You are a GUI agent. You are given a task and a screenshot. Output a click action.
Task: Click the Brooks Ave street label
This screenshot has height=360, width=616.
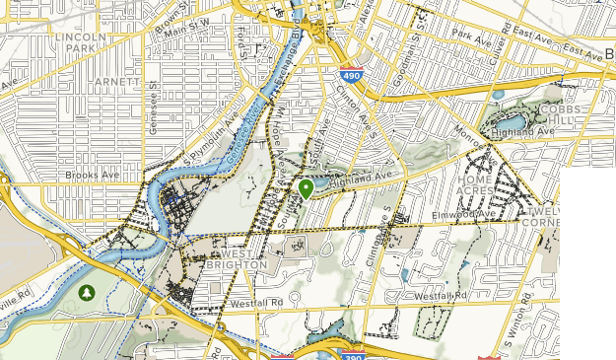[90, 175]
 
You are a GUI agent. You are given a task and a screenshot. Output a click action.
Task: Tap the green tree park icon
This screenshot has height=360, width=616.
[88, 293]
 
